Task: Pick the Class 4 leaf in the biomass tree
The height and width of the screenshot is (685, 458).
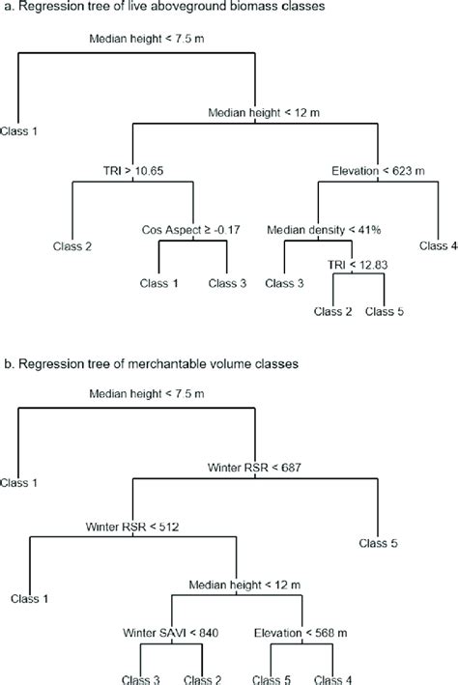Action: point(438,246)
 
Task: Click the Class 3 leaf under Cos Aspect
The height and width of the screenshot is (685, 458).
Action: point(228,283)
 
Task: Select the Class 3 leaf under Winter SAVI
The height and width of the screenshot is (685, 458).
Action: point(141,678)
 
